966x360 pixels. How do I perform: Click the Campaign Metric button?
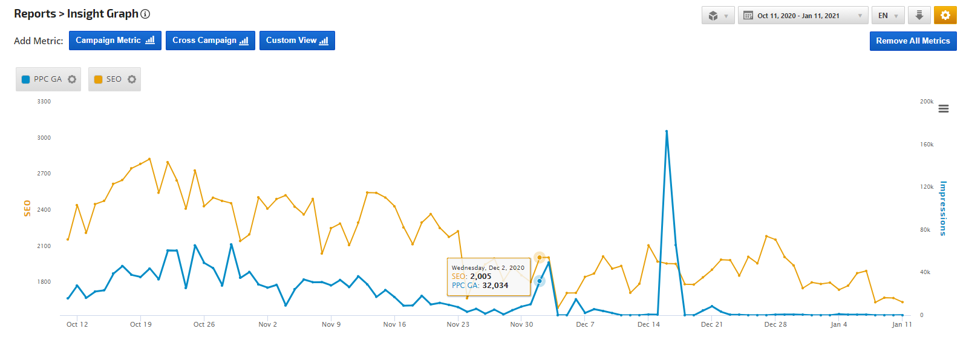(x=115, y=41)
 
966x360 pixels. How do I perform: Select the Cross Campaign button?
(x=210, y=41)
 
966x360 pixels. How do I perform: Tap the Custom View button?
(x=297, y=41)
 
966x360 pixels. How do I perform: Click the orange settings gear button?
(x=945, y=15)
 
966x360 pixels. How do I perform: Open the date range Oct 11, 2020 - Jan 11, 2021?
(x=803, y=16)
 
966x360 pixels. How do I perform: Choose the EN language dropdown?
(x=888, y=16)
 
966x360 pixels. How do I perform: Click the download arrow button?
(x=919, y=15)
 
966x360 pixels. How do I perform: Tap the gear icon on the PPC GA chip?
(x=72, y=79)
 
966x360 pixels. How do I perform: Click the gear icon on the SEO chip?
(x=132, y=79)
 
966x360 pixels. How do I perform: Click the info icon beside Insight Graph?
(x=145, y=14)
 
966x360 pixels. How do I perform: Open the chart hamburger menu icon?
(x=944, y=109)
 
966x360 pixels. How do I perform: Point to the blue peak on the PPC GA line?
(x=667, y=131)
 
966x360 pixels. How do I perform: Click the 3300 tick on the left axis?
(x=44, y=102)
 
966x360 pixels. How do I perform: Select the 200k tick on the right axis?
(x=927, y=102)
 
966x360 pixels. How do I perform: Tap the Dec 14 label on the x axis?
(x=648, y=324)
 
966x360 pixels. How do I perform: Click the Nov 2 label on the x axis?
(x=267, y=324)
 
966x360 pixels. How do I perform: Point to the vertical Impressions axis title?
(x=943, y=208)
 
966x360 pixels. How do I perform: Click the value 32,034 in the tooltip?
(x=495, y=286)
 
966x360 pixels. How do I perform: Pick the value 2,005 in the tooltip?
(x=481, y=277)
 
